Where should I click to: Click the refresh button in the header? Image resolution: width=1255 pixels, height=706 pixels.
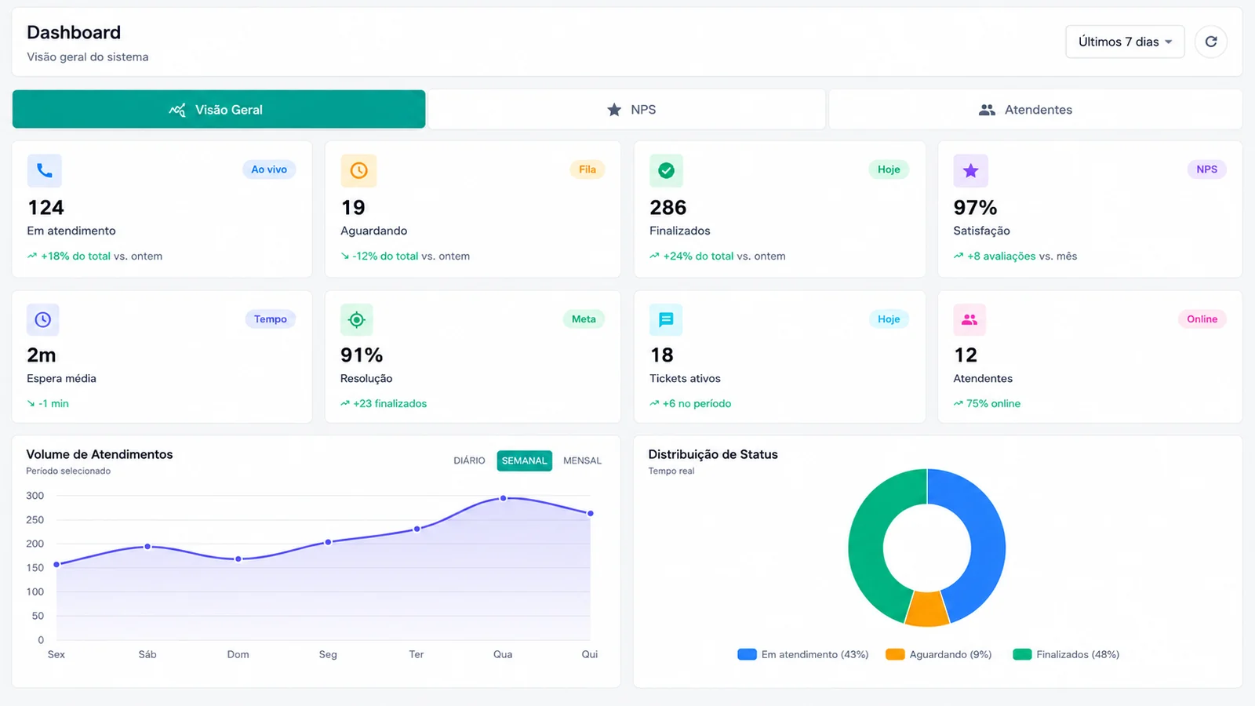(x=1211, y=42)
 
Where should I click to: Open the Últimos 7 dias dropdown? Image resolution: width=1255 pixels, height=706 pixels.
(x=1125, y=42)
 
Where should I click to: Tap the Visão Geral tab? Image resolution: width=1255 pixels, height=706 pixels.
(x=219, y=109)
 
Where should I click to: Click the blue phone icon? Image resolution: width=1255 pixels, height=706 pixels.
(x=44, y=170)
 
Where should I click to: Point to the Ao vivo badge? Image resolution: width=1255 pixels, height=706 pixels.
(x=269, y=169)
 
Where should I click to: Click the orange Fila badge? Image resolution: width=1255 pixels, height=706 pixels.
(x=587, y=169)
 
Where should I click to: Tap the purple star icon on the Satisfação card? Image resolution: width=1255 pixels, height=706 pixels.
(x=970, y=170)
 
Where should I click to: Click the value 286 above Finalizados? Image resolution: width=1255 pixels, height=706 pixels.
(x=668, y=208)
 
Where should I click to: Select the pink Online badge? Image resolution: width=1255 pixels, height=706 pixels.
(x=1202, y=318)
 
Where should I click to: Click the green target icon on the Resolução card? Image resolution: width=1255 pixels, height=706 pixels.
(x=356, y=319)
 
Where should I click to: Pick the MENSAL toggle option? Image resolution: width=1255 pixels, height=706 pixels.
(x=582, y=460)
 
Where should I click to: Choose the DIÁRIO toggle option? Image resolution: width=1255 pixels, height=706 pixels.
(x=469, y=460)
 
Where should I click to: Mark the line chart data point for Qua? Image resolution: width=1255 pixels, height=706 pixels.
(x=503, y=498)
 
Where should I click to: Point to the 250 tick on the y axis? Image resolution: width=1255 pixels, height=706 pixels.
(x=35, y=519)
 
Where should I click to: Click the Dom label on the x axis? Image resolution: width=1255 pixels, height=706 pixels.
(x=238, y=654)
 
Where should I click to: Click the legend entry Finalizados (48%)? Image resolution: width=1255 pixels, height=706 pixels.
(x=1066, y=654)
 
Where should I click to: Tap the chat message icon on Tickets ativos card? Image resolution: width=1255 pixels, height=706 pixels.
(x=666, y=319)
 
